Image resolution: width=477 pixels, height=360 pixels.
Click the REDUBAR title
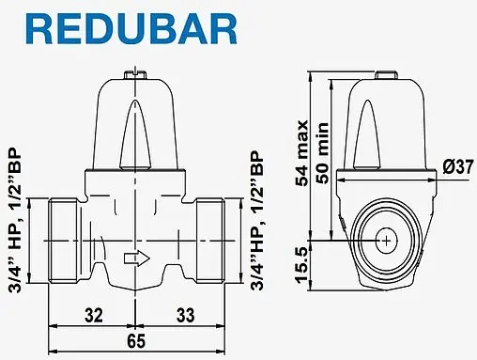tap(119, 28)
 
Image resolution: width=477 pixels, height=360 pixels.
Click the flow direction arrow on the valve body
tap(137, 255)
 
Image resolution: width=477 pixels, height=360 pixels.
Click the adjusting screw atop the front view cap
tap(137, 69)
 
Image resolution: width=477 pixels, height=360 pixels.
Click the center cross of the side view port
tap(385, 242)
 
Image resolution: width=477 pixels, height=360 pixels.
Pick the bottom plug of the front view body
tap(137, 283)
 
